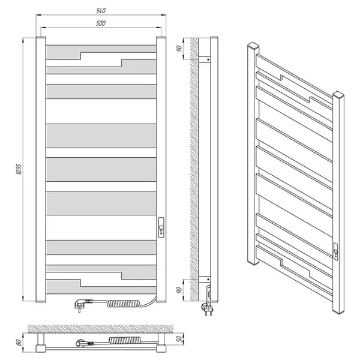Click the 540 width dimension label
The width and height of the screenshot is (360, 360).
101,11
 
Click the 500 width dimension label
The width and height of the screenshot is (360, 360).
101,23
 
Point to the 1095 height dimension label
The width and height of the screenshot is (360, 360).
19,169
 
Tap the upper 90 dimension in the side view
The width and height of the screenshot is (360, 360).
179,49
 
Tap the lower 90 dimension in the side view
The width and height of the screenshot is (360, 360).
179,290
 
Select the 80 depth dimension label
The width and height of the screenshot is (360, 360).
19,343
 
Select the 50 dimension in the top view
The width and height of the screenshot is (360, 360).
180,339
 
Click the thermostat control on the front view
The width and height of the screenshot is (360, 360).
161,227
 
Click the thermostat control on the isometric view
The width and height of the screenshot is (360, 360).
335,251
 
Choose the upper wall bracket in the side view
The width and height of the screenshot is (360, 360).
205,59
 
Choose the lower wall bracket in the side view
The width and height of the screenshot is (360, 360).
205,280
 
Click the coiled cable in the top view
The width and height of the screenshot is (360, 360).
124,340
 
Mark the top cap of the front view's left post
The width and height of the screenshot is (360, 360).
41,37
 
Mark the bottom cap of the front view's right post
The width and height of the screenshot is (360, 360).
161,301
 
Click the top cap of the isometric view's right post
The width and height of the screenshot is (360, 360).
338,94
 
